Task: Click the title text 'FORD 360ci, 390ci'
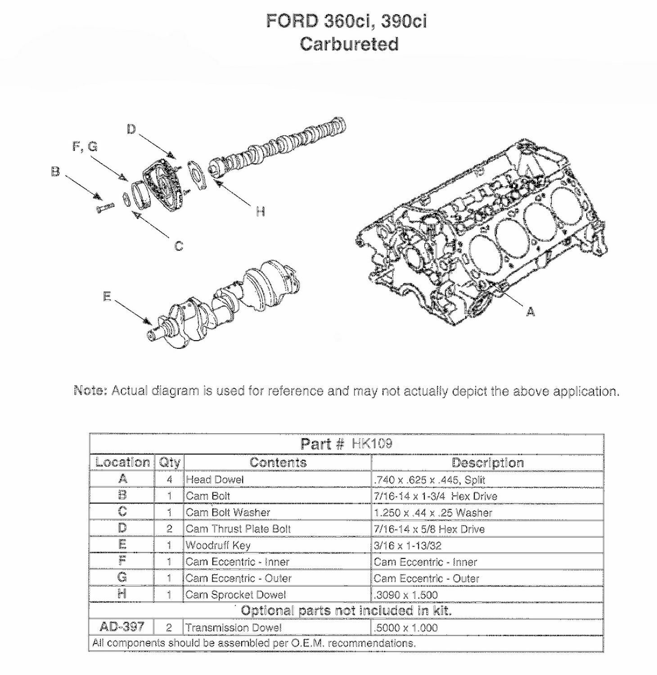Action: pos(346,21)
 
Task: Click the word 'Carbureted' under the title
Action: pos(349,44)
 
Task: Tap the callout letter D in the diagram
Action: pos(131,130)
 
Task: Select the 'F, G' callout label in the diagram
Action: pos(85,147)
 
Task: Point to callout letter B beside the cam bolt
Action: pos(55,172)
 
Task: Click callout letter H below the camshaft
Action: pos(260,211)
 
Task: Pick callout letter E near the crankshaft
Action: pos(107,297)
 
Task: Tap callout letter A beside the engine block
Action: pos(531,311)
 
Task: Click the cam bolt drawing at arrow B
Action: pos(105,207)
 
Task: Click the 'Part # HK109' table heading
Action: pos(346,444)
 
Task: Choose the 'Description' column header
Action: pos(487,463)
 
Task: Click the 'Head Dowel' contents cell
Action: pos(215,480)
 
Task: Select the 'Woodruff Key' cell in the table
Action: pos(218,545)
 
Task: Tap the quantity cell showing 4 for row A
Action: pos(169,480)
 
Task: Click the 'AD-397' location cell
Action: pos(122,627)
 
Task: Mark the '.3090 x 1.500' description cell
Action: pos(405,595)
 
